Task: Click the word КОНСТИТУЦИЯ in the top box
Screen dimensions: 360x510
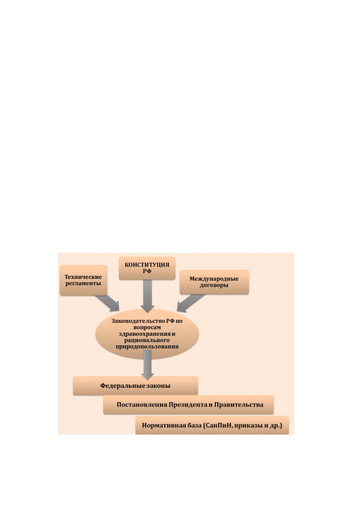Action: coord(147,265)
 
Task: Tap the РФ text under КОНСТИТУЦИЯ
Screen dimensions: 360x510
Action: coord(147,271)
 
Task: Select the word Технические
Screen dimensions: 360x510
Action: coord(83,277)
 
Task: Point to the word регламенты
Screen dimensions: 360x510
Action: coord(83,284)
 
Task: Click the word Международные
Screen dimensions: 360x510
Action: coord(214,279)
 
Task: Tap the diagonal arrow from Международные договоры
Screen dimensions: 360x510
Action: coord(190,303)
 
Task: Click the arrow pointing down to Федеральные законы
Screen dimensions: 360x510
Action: coord(147,364)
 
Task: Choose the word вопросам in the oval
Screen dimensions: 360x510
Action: coord(147,328)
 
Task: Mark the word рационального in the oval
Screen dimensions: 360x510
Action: coord(147,340)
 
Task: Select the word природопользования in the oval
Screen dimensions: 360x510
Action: coord(147,347)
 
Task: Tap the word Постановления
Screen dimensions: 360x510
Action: coord(142,405)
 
